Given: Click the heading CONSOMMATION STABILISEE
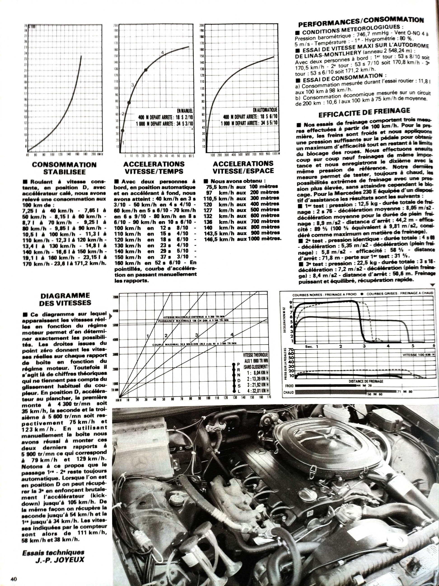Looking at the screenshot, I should (64, 168).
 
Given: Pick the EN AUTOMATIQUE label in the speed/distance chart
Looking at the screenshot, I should (265, 110).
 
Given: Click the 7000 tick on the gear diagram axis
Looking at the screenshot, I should (115, 297).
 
